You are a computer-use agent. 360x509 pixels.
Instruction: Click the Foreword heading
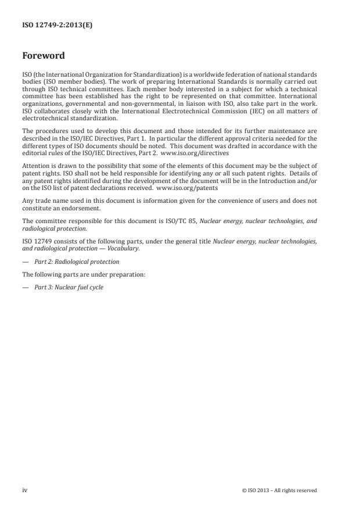pos(44,56)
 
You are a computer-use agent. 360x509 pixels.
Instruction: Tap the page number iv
pos(25,490)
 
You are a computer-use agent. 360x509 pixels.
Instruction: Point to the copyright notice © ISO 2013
pos(279,490)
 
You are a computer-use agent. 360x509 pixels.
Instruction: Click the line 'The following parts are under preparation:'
pos(84,274)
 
